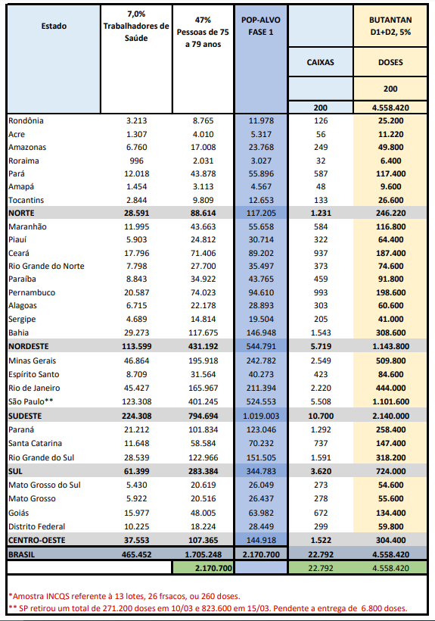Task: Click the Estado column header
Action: point(54,27)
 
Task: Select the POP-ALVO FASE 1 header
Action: point(260,27)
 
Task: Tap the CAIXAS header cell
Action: point(320,62)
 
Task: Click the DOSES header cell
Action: point(390,62)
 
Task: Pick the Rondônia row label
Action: point(26,121)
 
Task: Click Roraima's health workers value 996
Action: point(136,161)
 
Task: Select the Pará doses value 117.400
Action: point(390,173)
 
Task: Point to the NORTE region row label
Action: point(21,213)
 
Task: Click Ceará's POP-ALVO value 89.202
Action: point(261,253)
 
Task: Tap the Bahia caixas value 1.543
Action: point(321,332)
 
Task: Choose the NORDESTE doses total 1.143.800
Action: point(390,346)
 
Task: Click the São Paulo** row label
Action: point(30,401)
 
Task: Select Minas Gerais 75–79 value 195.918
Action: point(204,360)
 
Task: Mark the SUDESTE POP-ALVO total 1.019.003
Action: point(261,417)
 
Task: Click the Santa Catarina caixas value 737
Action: point(321,443)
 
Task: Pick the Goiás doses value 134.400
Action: point(390,513)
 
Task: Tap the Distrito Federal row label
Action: point(37,527)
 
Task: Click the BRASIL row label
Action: point(21,554)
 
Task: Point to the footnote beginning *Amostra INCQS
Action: point(124,596)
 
